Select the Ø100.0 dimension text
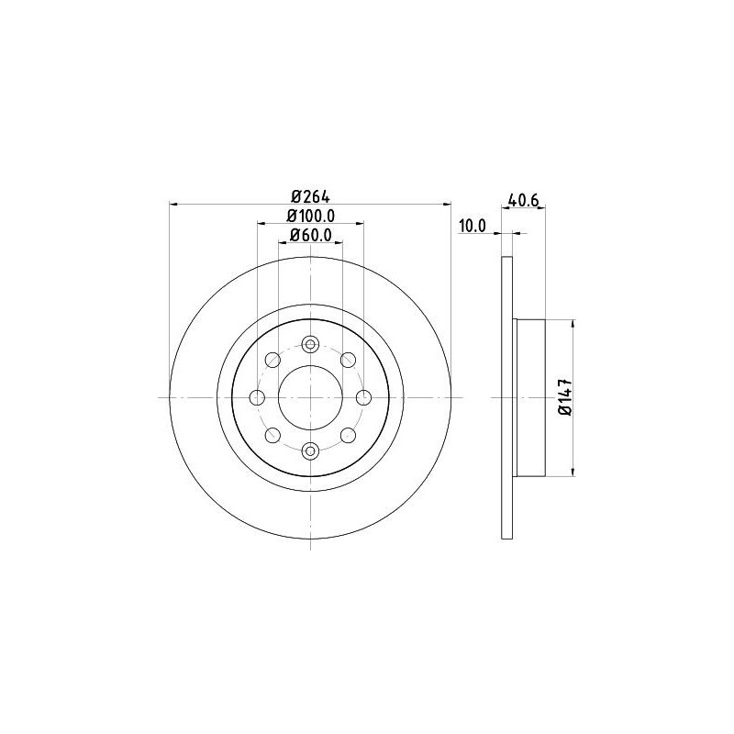(311, 216)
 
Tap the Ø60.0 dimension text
(311, 235)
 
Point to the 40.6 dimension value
(523, 200)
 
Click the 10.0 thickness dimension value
(473, 226)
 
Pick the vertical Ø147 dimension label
(566, 396)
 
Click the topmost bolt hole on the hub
(310, 345)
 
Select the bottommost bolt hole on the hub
(310, 451)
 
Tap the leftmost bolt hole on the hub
(257, 398)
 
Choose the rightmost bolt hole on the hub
(363, 398)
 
